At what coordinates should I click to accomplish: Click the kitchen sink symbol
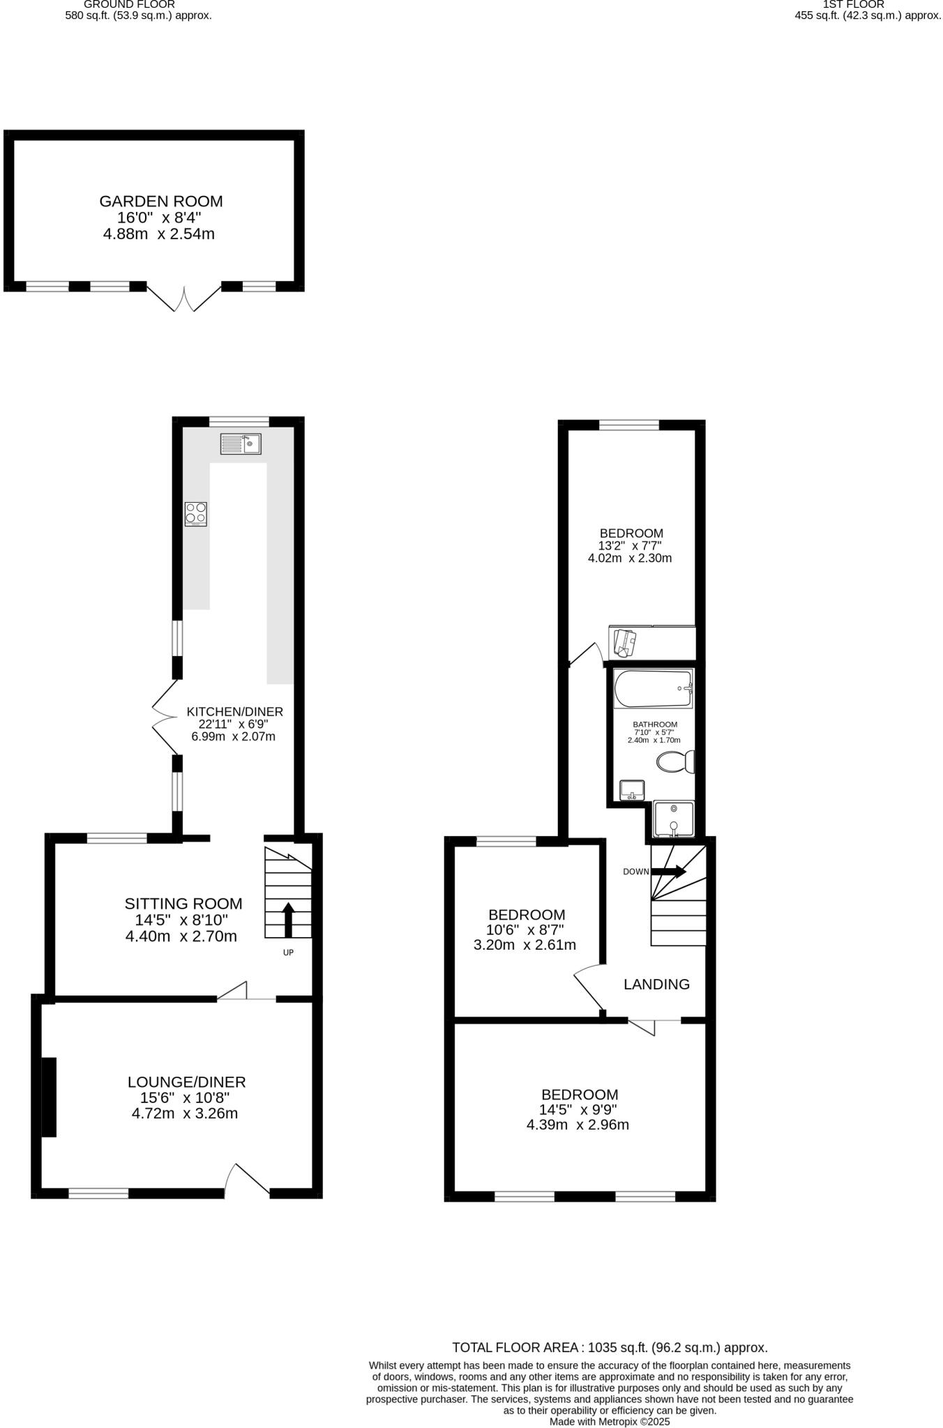241,443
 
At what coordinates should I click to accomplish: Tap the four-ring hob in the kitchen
196,514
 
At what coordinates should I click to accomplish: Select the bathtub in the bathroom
653,689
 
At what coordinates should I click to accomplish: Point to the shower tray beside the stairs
674,820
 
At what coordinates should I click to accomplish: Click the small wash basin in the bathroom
632,790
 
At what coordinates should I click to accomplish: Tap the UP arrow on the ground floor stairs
288,920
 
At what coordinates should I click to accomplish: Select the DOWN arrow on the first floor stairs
668,871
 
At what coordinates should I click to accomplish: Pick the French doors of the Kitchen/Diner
165,717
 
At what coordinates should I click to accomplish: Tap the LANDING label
656,984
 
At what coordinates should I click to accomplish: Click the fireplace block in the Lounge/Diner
48,1097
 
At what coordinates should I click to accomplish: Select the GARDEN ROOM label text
161,202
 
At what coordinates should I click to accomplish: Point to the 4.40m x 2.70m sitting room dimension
181,936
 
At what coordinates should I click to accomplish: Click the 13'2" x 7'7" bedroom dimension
630,546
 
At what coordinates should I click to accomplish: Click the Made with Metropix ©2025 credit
610,1421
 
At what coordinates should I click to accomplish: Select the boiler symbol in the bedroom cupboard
624,643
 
